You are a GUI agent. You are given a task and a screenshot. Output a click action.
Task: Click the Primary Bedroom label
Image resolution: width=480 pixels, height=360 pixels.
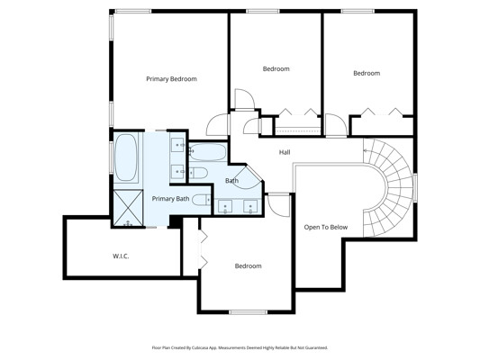[171, 79]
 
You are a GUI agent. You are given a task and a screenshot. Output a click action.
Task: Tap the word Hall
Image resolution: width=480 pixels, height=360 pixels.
[285, 152]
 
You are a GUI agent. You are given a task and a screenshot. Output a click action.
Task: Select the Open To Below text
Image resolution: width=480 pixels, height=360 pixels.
[326, 228]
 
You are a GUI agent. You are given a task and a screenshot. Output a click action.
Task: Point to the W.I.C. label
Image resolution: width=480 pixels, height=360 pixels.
[121, 256]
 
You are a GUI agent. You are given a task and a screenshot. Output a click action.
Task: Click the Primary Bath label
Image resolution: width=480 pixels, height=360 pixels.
[170, 199]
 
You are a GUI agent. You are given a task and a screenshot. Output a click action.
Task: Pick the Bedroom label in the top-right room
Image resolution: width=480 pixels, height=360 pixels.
[367, 73]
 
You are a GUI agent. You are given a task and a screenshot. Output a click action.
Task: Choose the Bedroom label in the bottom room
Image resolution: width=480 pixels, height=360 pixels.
[248, 265]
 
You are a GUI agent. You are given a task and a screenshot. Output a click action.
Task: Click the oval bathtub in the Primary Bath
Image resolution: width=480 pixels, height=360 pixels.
[125, 157]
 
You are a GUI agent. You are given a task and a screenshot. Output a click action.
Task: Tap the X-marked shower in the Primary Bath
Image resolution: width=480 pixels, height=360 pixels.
[128, 208]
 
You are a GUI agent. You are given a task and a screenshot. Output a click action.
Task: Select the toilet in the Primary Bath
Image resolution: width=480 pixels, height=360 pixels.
[202, 200]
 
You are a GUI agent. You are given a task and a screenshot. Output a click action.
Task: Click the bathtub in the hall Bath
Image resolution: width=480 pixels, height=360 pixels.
[207, 152]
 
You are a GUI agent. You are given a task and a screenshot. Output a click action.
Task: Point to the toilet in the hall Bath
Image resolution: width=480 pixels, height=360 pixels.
[198, 173]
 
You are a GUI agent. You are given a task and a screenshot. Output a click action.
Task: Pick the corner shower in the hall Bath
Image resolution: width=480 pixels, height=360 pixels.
[248, 178]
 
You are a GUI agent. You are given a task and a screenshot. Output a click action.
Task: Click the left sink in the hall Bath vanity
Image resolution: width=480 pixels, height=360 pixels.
[225, 206]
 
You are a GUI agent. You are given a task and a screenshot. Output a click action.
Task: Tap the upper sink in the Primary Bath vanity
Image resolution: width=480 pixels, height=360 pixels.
[177, 145]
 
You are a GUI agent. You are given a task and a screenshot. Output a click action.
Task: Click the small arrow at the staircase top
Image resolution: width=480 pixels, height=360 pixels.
[366, 150]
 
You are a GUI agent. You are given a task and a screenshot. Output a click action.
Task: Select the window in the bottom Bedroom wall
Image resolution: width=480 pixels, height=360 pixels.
[248, 312]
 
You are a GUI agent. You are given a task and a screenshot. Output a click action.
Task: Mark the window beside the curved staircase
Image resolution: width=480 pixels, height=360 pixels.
[415, 187]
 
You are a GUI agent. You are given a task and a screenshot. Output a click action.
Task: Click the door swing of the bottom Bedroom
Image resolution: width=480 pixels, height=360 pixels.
[278, 205]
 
